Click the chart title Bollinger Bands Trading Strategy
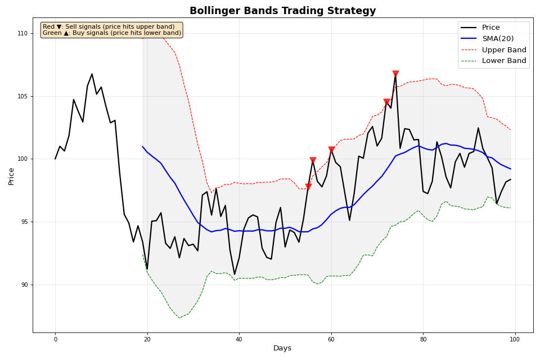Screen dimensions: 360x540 (x=282, y=11)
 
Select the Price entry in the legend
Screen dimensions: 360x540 (x=490, y=28)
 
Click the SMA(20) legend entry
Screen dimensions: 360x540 (x=497, y=39)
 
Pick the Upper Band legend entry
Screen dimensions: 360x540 (x=503, y=50)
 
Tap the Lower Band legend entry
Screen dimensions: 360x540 (x=503, y=61)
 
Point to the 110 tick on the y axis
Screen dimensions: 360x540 (x=22, y=34)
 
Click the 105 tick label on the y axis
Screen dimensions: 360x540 (x=22, y=96)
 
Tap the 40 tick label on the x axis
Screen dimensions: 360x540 (x=239, y=339)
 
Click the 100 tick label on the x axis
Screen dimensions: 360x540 (x=515, y=339)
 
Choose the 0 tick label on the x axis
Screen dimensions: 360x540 (x=55, y=339)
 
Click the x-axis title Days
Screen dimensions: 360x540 (x=282, y=349)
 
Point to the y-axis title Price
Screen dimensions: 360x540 (x=11, y=176)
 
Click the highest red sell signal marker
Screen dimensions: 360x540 (x=395, y=74)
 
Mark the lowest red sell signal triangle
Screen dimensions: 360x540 (x=308, y=187)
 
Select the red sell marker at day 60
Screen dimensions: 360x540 (x=331, y=150)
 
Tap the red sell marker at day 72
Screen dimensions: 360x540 (x=386, y=102)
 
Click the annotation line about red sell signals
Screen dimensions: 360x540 (x=109, y=26)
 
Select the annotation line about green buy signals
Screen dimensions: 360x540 (x=111, y=33)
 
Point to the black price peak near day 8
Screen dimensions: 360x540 (x=92, y=74)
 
